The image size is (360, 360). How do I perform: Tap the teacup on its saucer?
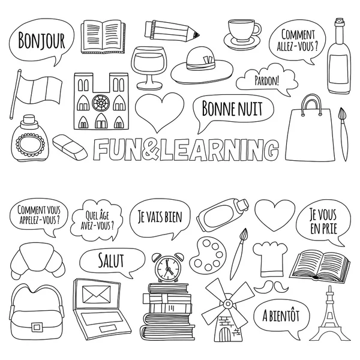coord(243,30)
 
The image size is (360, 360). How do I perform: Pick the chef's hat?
coord(267,257)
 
